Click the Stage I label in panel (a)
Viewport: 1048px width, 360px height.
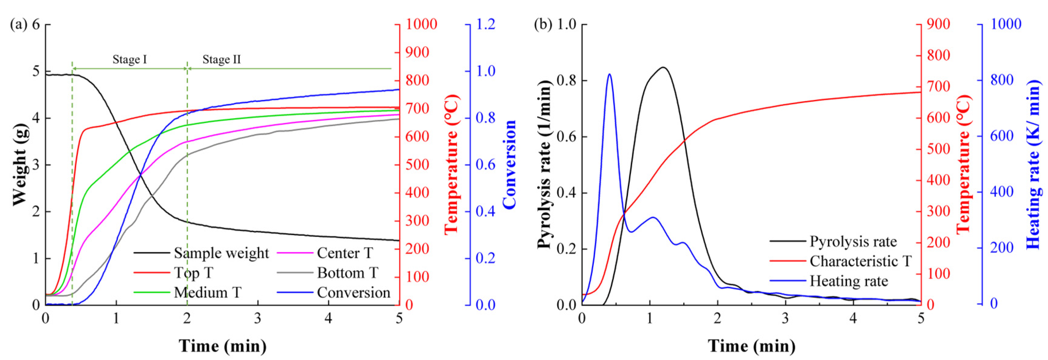click(129, 60)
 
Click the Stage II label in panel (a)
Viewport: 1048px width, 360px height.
click(222, 60)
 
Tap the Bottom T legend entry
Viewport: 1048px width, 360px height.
click(347, 273)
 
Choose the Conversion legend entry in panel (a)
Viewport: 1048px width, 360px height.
click(353, 292)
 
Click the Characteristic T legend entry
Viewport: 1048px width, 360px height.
click(860, 261)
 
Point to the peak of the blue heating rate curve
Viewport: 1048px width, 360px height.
click(609, 75)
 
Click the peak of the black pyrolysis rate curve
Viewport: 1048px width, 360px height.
click(663, 68)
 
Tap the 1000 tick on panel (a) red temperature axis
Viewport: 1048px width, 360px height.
click(421, 24)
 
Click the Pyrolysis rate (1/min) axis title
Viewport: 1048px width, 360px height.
click(545, 164)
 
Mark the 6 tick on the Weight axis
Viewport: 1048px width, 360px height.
click(36, 24)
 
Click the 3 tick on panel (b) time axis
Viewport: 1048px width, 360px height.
click(785, 318)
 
